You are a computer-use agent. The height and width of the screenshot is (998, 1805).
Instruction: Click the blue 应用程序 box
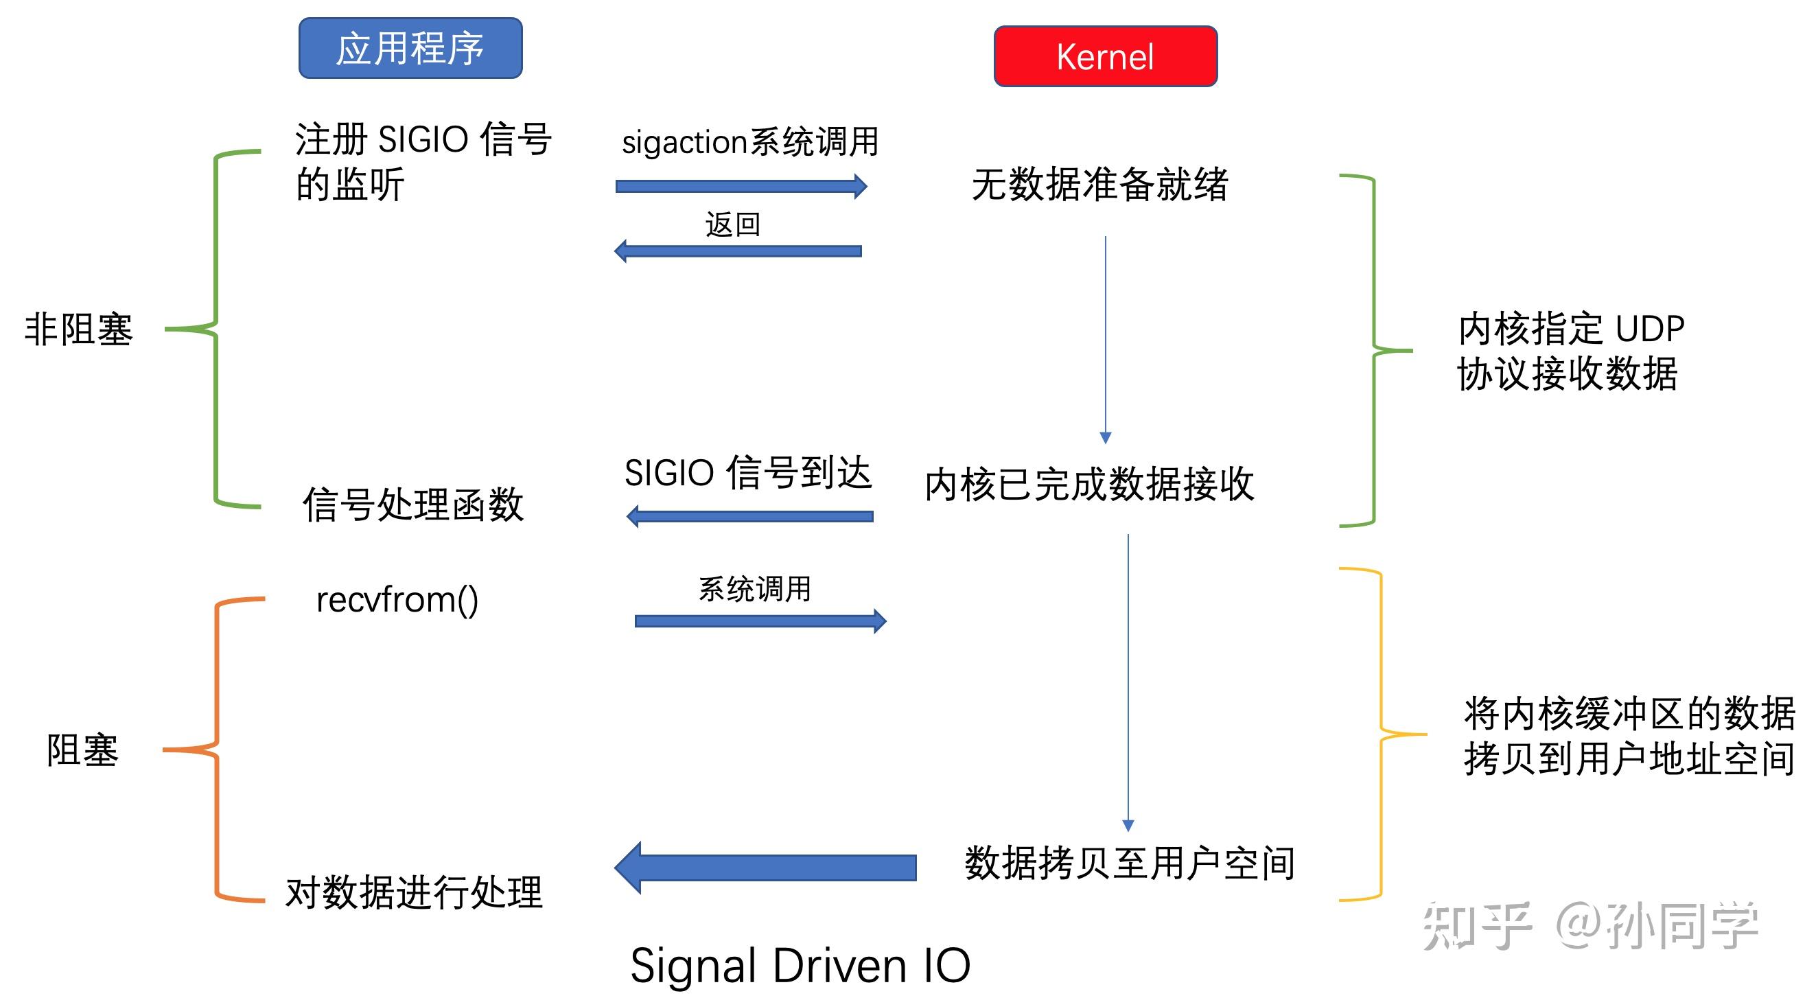click(x=410, y=47)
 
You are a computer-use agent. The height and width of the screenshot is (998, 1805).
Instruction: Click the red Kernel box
click(x=1105, y=56)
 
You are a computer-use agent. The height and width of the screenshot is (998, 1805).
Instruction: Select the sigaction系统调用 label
click(x=749, y=141)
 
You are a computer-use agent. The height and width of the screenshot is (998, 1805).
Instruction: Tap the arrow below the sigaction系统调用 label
click(x=741, y=186)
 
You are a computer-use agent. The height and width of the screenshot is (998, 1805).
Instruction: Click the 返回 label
click(x=732, y=224)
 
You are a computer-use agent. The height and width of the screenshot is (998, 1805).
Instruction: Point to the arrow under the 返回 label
click(x=737, y=251)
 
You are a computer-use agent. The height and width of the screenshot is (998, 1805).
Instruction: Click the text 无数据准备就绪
click(x=1099, y=185)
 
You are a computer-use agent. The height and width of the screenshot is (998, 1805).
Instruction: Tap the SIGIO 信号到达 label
click(x=747, y=472)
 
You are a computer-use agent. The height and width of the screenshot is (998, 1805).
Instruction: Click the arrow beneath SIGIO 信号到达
click(x=749, y=517)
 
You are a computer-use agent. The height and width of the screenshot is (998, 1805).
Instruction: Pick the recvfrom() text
click(x=397, y=600)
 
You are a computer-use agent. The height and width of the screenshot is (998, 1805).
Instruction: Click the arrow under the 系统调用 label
click(x=760, y=621)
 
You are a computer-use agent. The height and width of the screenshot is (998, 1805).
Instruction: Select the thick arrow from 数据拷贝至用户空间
click(x=765, y=868)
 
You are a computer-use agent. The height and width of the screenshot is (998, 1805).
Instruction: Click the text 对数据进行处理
click(x=413, y=893)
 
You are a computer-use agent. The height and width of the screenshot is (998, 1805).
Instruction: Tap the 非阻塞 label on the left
click(x=78, y=329)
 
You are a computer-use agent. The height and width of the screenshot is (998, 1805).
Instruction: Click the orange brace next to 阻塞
click(x=216, y=750)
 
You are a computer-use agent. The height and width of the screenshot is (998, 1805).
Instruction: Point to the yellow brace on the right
click(x=1380, y=734)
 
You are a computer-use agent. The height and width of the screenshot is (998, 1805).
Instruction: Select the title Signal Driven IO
click(x=800, y=965)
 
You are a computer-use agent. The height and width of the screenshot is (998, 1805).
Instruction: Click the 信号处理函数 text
click(x=412, y=504)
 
